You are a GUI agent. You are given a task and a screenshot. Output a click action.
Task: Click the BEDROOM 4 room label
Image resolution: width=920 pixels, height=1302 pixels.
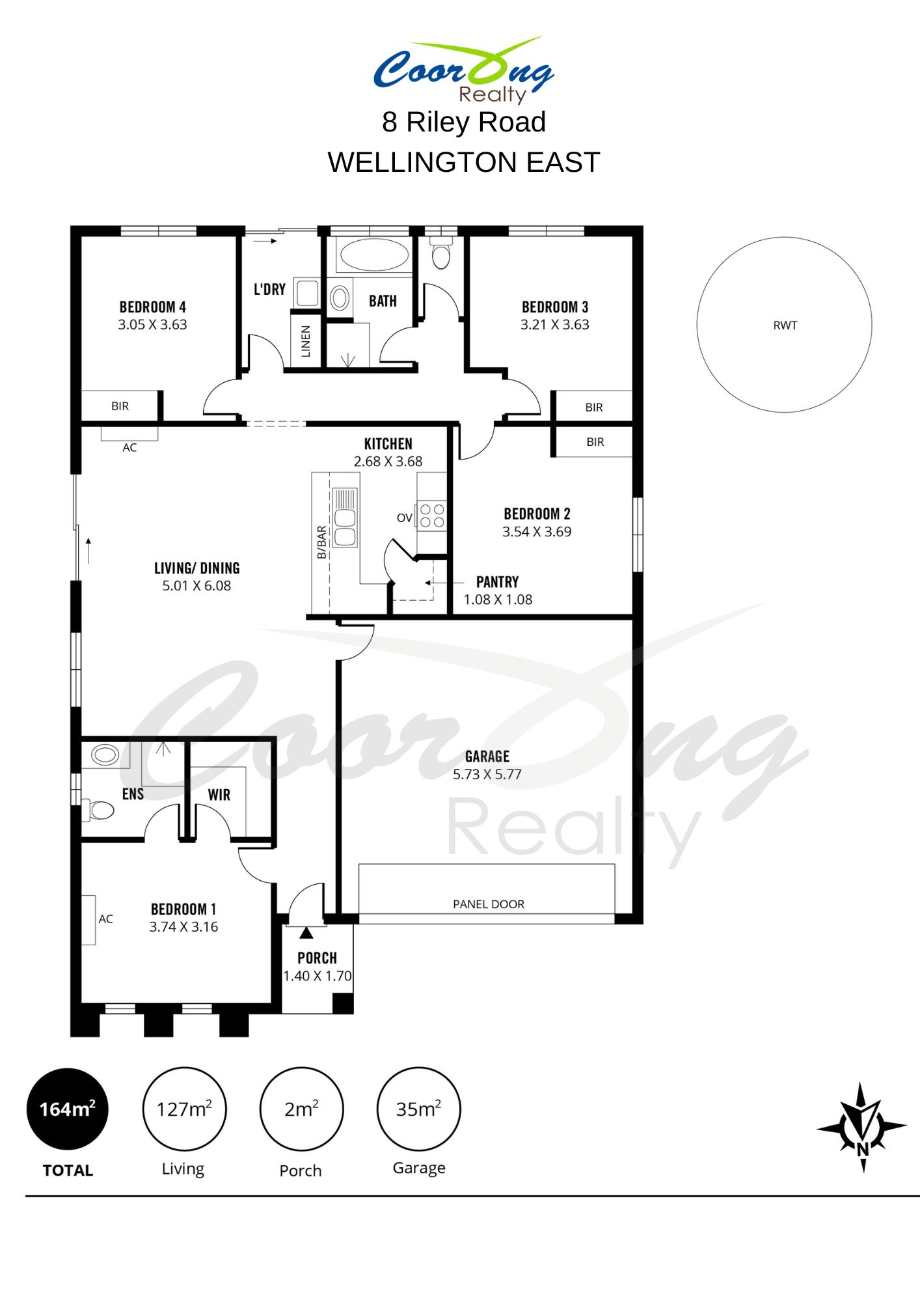pyautogui.click(x=152, y=307)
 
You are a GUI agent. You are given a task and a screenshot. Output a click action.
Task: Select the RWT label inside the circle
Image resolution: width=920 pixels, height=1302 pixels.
pyautogui.click(x=785, y=325)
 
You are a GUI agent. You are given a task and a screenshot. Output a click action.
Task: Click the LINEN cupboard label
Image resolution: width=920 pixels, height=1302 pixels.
pyautogui.click(x=305, y=341)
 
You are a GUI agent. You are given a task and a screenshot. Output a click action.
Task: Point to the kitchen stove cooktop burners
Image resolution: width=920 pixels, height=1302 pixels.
pyautogui.click(x=432, y=515)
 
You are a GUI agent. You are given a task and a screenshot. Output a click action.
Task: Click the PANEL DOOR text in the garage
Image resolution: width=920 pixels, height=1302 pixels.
pyautogui.click(x=488, y=904)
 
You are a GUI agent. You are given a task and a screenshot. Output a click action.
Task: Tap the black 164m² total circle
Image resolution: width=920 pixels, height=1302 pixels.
pyautogui.click(x=68, y=1109)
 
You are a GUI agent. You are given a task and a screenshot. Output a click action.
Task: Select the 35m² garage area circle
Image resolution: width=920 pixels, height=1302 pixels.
pyautogui.click(x=419, y=1109)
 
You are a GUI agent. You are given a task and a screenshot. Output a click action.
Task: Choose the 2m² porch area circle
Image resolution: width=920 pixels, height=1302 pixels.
pyautogui.click(x=301, y=1109)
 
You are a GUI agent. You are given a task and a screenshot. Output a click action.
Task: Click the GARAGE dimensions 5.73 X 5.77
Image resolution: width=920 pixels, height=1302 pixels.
pyautogui.click(x=487, y=774)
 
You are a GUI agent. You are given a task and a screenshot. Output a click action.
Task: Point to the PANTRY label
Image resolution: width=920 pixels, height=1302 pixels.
pyautogui.click(x=497, y=581)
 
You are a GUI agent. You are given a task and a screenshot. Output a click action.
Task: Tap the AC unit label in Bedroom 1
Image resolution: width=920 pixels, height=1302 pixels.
pyautogui.click(x=105, y=919)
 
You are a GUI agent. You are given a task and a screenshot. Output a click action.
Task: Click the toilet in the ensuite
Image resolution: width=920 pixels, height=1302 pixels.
pyautogui.click(x=98, y=810)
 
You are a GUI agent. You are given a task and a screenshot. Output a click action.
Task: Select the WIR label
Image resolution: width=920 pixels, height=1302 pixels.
pyautogui.click(x=219, y=795)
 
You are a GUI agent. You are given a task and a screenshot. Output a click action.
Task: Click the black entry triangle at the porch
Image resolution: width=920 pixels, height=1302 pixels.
pyautogui.click(x=306, y=933)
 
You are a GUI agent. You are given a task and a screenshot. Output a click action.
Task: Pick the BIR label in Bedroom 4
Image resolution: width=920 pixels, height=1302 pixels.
pyautogui.click(x=120, y=406)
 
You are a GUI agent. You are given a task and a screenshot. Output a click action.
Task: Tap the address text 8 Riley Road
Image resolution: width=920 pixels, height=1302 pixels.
pyautogui.click(x=464, y=122)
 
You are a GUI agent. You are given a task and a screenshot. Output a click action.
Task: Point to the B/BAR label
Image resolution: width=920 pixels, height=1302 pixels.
pyautogui.click(x=321, y=542)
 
